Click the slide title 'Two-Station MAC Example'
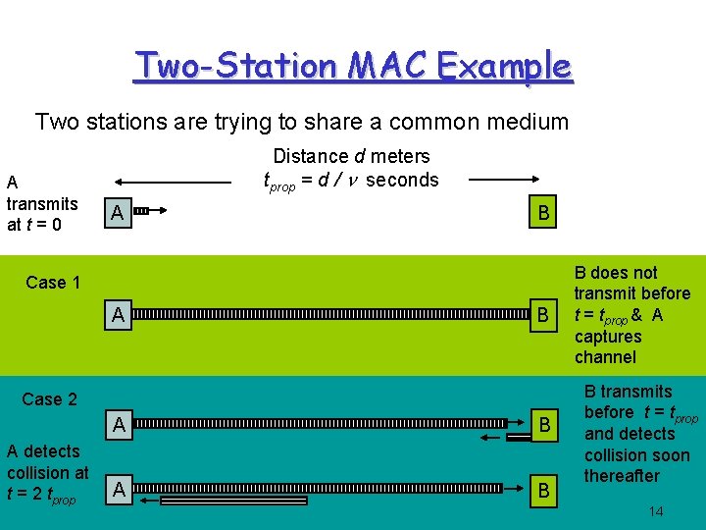pos(353,67)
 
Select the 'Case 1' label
pos(53,283)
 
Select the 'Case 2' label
pos(49,398)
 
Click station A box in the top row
pos(117,213)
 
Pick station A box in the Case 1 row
pos(117,315)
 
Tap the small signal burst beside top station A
pos(140,211)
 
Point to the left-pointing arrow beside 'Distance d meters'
pos(173,181)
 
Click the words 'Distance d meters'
pos(351,156)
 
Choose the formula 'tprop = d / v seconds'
pos(351,181)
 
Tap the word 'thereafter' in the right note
pos(622,476)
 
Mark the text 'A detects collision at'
pos(47,461)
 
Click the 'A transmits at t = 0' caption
pos(40,203)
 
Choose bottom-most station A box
pos(117,488)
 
